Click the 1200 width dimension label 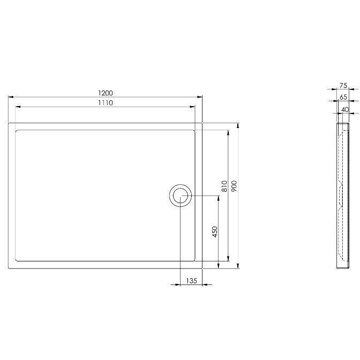tap(106, 93)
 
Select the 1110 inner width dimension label tap(106, 103)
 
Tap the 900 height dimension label tap(234, 186)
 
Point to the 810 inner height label tap(224, 186)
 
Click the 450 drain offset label tap(215, 231)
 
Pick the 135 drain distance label tap(191, 281)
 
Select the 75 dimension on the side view tap(343, 86)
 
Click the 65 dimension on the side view tap(343, 97)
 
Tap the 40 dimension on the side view tap(345, 110)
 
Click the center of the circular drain tap(181, 196)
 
